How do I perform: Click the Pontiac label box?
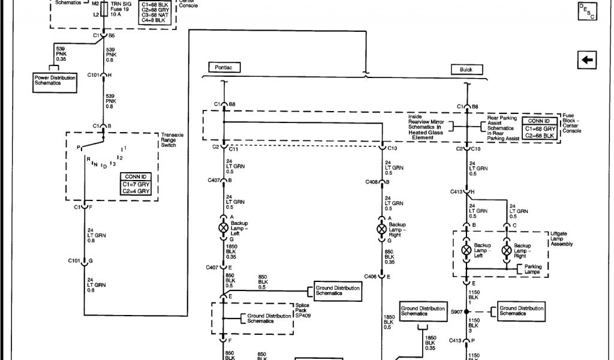tap(224, 68)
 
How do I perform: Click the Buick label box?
tap(466, 70)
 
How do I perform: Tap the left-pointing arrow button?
tap(587, 59)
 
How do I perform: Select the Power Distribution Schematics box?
tap(56, 80)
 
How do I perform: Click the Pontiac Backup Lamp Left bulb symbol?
tap(223, 228)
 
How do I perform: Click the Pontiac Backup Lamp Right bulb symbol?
tap(381, 229)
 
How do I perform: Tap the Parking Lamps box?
tap(533, 269)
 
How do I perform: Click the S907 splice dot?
tap(466, 311)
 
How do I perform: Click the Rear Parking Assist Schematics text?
tap(500, 128)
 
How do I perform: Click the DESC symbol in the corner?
tap(587, 11)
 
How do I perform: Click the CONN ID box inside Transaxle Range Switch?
tap(135, 184)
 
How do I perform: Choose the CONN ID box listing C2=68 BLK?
tap(540, 128)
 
